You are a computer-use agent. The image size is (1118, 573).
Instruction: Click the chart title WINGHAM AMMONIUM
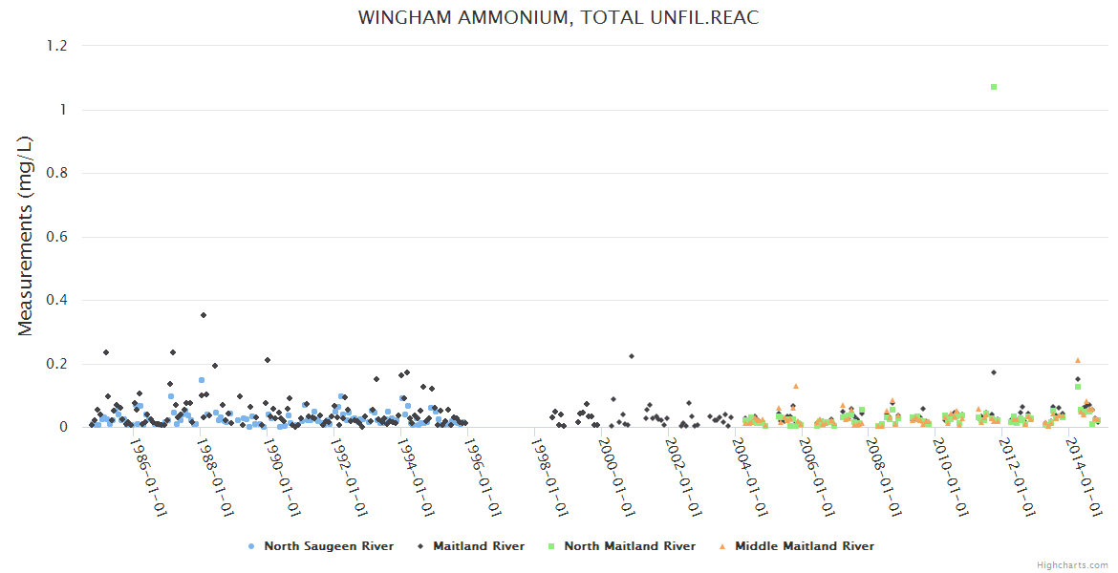(558, 18)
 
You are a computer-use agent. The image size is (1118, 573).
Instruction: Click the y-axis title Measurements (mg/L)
(26, 236)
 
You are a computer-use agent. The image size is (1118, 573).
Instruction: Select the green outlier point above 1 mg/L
(994, 87)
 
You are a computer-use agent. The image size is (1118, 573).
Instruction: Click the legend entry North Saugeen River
(321, 546)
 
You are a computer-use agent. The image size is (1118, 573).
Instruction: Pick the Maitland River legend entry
(471, 546)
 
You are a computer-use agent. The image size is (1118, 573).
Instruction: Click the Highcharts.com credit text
(1072, 564)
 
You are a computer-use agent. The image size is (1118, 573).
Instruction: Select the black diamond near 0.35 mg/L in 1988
(204, 315)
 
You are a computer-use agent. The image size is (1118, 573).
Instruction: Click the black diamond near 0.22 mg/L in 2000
(631, 356)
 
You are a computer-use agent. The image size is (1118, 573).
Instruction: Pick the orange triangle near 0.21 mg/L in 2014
(1077, 360)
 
